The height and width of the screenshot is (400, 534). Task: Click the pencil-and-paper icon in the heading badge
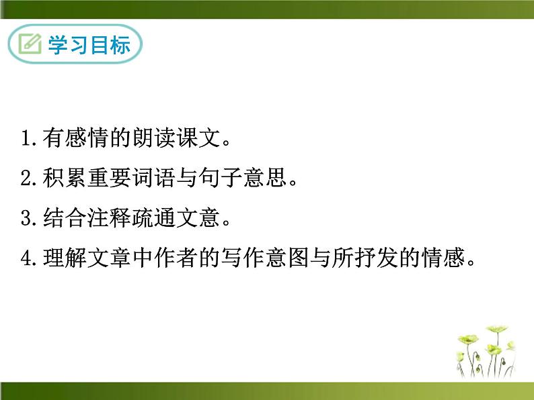click(x=30, y=45)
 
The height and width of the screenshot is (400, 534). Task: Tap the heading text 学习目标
click(x=89, y=45)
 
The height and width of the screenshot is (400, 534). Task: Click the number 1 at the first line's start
click(x=27, y=140)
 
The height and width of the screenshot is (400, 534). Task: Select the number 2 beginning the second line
click(x=27, y=179)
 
